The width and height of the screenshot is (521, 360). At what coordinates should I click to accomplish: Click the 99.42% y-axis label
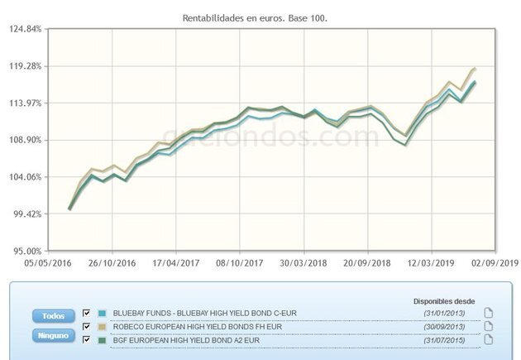25,214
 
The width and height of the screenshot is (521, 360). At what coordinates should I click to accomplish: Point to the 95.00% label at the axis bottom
25,251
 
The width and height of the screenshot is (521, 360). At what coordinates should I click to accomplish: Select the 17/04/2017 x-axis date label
175,263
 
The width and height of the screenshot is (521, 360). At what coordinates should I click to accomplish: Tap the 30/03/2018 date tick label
304,263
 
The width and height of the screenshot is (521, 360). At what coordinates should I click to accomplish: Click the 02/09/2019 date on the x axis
495,263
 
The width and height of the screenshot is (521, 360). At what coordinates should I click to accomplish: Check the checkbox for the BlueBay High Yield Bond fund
86,313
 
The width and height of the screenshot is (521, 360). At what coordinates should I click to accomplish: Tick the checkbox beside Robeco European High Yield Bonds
86,325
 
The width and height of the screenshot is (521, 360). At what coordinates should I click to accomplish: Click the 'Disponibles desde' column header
445,300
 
